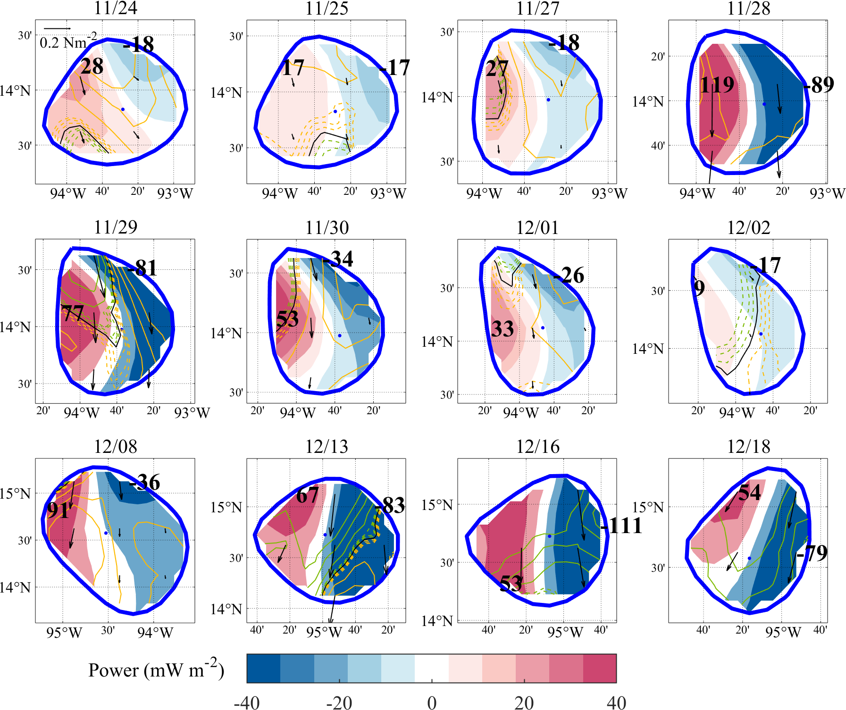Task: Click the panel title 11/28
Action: pos(748,8)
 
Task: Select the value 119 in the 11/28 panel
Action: pos(717,85)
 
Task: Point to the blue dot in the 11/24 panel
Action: pos(123,109)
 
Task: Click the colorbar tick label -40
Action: pos(247,702)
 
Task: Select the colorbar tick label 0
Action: pos(431,702)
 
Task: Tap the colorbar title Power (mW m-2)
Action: pos(156,670)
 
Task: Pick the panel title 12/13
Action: pos(327,446)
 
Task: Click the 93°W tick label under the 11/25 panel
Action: pos(388,193)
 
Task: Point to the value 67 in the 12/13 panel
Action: pos(307,495)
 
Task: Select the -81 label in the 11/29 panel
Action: pos(142,268)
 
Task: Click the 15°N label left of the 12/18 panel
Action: pos(647,508)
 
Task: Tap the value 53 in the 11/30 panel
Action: pos(287,319)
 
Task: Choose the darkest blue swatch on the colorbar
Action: pos(263,668)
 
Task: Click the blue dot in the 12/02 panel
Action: pos(761,334)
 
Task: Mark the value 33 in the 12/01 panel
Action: pos(502,329)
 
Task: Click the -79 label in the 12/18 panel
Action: pos(812,553)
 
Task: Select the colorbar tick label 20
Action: pos(524,702)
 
